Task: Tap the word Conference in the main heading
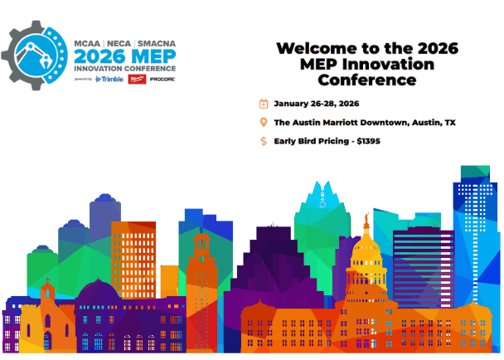[x=366, y=80]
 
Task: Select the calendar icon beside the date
[x=264, y=104]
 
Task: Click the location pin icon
[x=264, y=123]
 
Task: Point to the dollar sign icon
[x=264, y=141]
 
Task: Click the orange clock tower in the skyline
[x=200, y=265]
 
